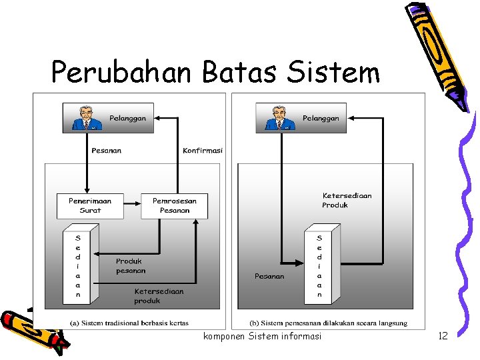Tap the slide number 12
pos(443,336)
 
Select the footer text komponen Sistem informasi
pos(262,336)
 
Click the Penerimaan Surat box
pos(90,205)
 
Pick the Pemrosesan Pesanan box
pos(174,205)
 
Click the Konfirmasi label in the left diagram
pos(203,151)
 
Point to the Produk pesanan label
pos(131,266)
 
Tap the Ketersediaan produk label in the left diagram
pos(159,296)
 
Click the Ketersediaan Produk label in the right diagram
pos(347,200)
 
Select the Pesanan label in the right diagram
pos(269,276)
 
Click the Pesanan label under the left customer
pos(107,151)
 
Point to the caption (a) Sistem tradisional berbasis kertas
pos(129,323)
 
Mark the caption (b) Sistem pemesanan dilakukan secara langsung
pos(328,323)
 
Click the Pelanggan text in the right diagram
pos(321,118)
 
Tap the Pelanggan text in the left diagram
pos(127,118)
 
